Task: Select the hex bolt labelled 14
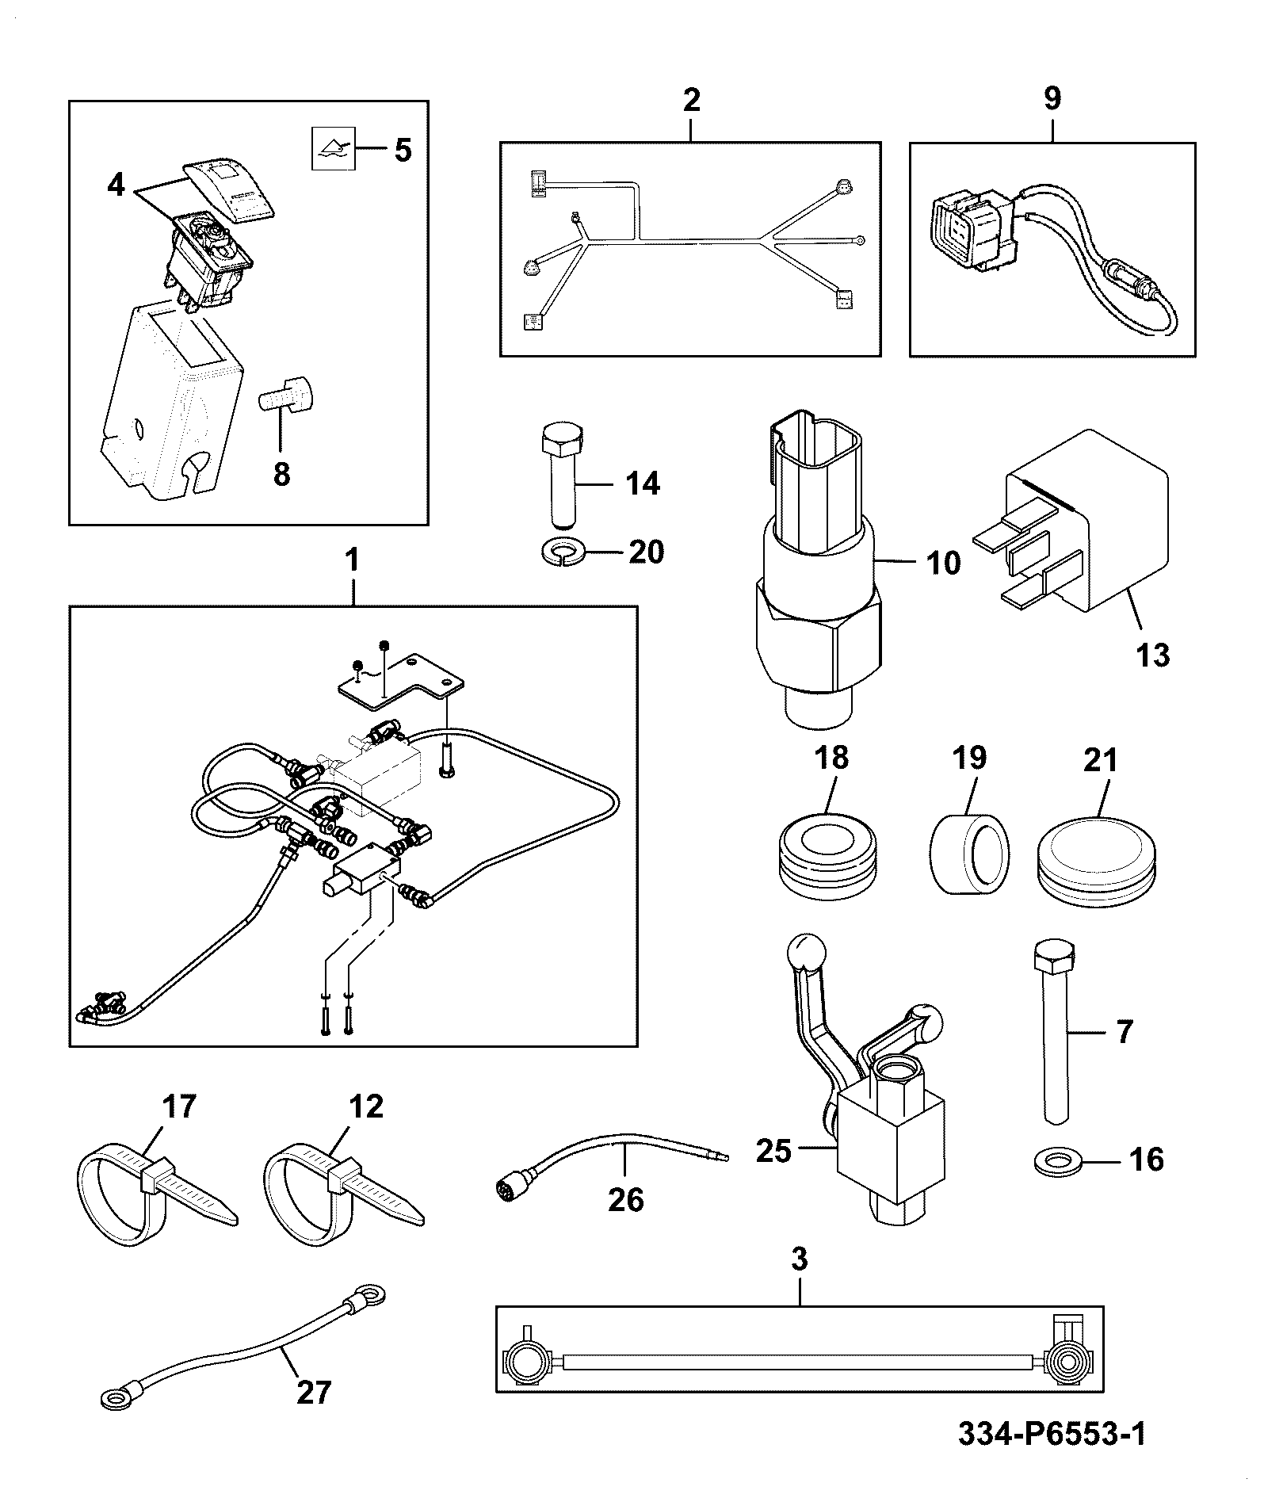coord(562,473)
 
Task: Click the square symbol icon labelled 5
coord(332,148)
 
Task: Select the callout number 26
coord(625,1200)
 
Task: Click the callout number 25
coord(773,1151)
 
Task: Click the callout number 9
coord(1052,99)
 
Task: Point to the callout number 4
coord(116,185)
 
